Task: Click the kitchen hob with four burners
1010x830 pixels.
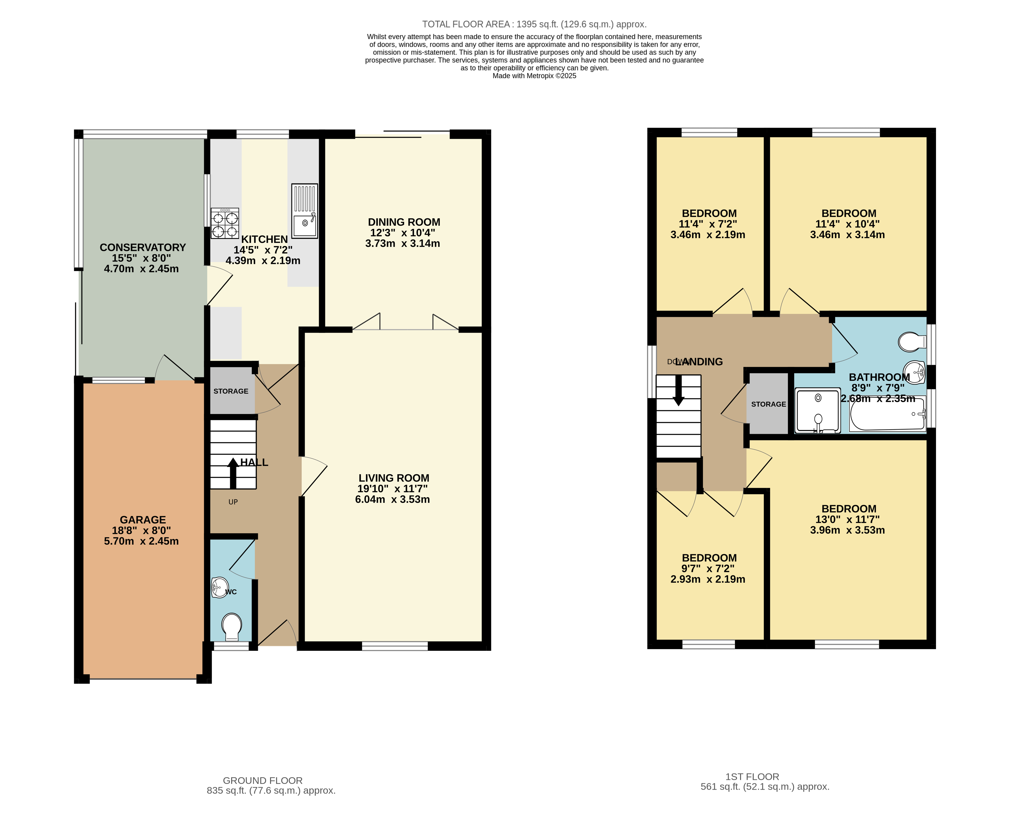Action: click(225, 223)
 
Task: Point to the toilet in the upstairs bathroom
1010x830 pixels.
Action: click(912, 342)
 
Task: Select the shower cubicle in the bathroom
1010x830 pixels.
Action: click(817, 410)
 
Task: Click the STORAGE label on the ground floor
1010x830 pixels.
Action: click(231, 391)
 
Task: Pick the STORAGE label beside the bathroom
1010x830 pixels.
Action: click(768, 404)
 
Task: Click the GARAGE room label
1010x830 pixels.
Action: click(143, 520)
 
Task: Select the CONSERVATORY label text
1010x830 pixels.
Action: click(143, 247)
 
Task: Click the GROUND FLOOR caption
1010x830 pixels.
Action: click(262, 780)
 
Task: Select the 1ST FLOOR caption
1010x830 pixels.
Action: click(752, 776)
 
